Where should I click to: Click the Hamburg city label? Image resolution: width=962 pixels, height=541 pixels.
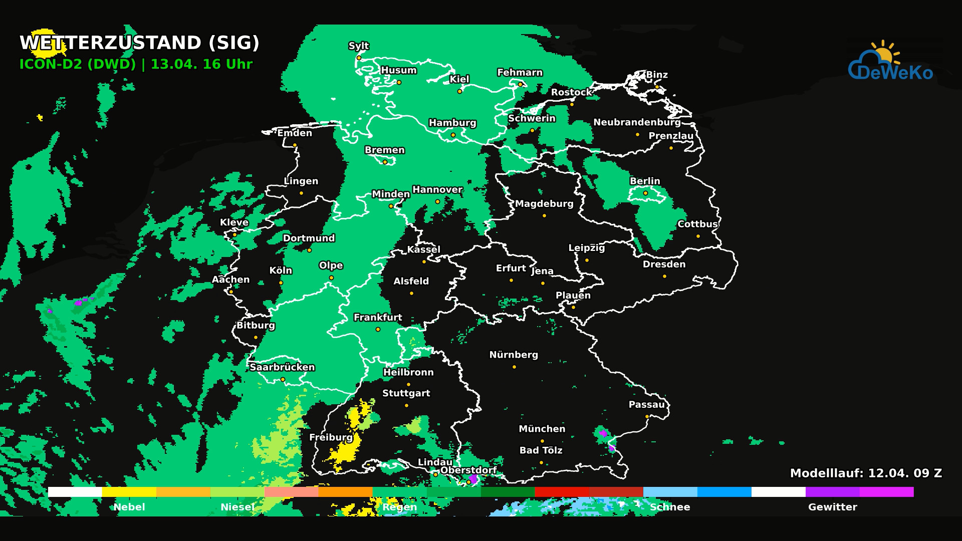tap(452, 123)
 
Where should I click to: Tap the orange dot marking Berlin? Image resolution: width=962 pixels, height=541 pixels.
tap(645, 193)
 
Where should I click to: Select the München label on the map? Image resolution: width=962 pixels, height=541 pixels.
tap(542, 429)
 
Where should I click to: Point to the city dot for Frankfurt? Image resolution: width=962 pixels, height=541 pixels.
tap(378, 330)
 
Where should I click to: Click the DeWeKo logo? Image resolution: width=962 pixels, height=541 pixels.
tap(890, 63)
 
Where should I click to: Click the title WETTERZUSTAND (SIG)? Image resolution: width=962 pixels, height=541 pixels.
tap(139, 43)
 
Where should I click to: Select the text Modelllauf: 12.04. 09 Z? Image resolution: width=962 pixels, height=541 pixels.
tap(866, 473)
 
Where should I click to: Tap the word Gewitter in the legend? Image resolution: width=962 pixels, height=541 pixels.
tap(832, 507)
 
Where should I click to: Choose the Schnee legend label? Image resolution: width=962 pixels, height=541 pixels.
tap(670, 507)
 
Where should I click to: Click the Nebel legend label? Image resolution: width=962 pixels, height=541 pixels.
tap(129, 507)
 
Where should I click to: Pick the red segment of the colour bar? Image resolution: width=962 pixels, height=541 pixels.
tap(562, 492)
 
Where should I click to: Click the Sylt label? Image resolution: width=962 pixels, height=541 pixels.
tap(358, 46)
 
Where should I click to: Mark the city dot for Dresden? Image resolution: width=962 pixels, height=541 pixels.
tap(664, 277)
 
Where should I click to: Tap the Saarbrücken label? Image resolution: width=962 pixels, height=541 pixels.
tap(282, 367)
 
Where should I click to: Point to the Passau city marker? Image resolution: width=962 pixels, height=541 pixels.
tap(647, 417)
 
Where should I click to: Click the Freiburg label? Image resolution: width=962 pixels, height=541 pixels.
tap(331, 437)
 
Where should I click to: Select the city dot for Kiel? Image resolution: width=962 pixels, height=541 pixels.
tap(459, 92)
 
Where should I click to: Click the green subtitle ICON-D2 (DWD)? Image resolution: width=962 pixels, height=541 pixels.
tap(78, 65)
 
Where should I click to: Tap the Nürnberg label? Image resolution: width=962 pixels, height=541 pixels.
tap(514, 355)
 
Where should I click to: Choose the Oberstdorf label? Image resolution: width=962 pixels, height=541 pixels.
tap(468, 470)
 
